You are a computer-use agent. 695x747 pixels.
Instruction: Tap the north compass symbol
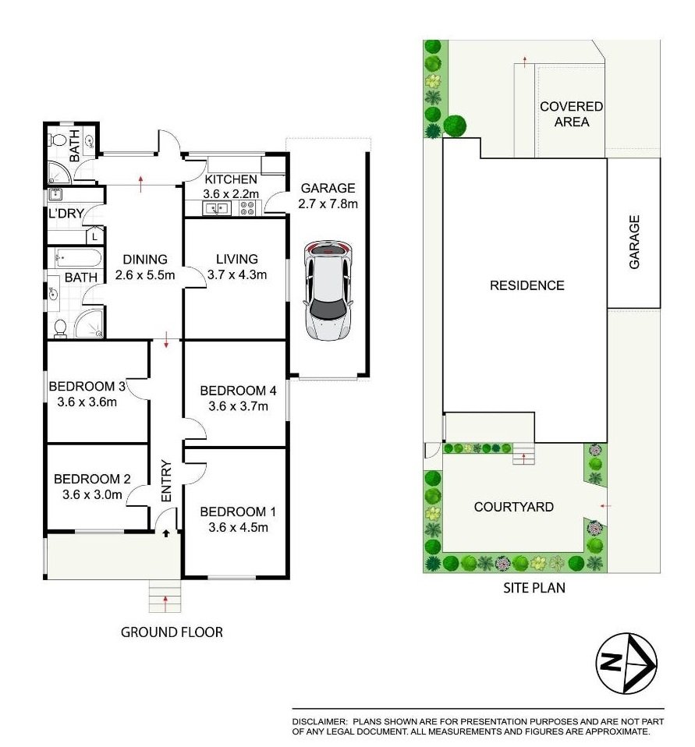point(626,664)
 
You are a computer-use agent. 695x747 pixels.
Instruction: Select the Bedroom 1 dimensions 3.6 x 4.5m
point(238,527)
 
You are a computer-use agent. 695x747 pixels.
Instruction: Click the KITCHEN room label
point(231,179)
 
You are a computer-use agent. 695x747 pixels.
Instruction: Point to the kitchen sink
point(215,208)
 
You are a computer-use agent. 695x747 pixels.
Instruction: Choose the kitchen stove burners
point(247,208)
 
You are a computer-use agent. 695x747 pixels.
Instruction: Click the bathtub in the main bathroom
point(77,257)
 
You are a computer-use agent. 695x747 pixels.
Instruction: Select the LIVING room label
point(238,260)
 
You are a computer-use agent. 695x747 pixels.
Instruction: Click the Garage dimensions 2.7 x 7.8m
point(328,205)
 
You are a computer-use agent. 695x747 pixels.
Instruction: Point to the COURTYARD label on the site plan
point(514,507)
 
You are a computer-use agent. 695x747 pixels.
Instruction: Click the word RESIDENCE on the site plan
point(527,285)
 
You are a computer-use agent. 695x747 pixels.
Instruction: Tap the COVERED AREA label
point(572,114)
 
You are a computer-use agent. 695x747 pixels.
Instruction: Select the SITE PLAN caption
point(534,589)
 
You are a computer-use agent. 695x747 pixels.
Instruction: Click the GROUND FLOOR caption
point(172,632)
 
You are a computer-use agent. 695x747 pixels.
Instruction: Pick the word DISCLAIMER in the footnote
point(320,723)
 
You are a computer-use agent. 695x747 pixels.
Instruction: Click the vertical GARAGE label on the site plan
point(635,243)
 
